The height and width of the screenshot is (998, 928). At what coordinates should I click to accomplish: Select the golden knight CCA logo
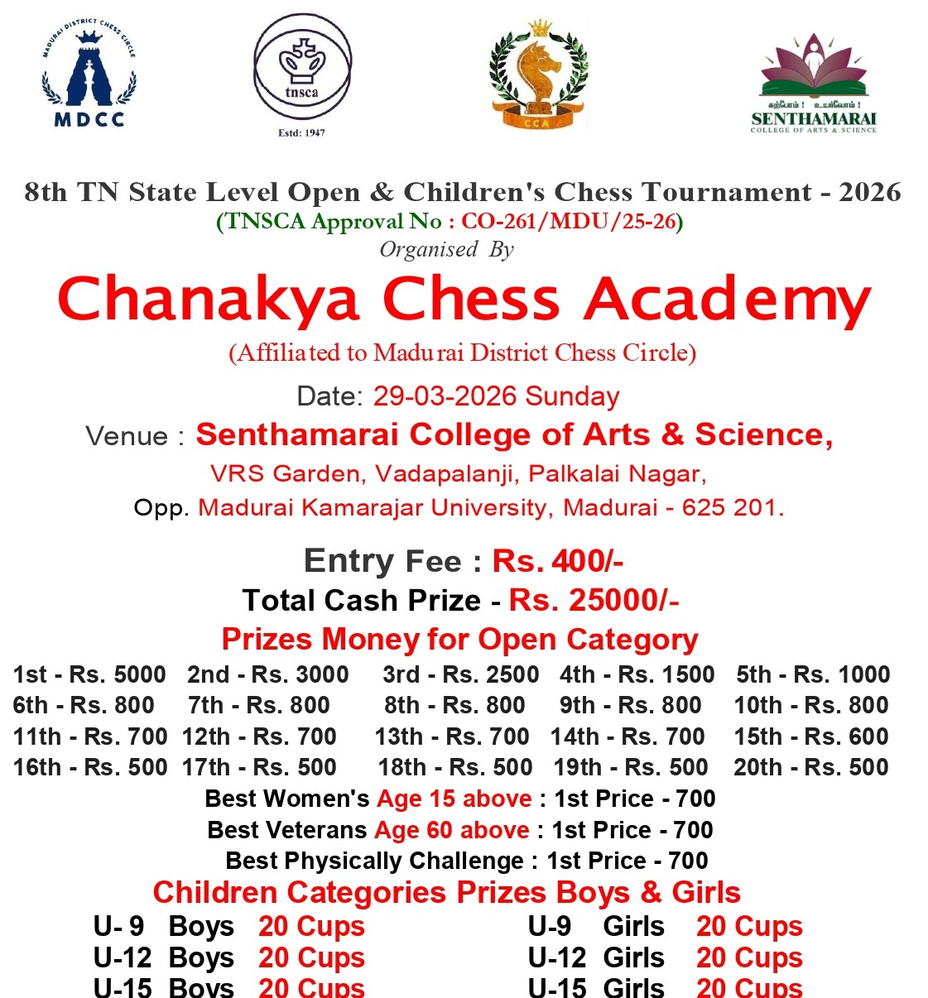538,76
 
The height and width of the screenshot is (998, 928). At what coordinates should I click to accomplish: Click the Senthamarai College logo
814,84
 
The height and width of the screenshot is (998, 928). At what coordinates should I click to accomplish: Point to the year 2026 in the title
869,192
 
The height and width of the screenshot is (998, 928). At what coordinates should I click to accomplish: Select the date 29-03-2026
445,396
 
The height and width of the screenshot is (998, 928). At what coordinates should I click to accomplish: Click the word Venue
127,436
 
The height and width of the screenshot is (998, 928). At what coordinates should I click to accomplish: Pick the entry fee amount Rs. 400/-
557,561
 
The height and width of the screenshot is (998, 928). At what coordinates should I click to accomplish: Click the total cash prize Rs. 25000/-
594,600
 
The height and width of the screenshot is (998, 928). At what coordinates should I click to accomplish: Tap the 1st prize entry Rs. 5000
89,674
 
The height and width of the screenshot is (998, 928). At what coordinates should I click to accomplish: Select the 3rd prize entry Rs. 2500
460,674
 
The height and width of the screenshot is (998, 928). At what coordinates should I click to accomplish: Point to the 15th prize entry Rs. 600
810,737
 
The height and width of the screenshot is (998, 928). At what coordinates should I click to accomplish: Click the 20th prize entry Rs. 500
810,767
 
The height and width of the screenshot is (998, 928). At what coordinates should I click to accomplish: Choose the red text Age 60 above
452,829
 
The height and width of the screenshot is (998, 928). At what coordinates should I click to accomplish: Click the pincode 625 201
733,507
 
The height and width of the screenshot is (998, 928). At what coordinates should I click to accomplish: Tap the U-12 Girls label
596,957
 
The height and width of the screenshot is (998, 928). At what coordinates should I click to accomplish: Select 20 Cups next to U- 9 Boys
311,926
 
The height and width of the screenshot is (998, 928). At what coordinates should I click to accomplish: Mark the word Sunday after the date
572,396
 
